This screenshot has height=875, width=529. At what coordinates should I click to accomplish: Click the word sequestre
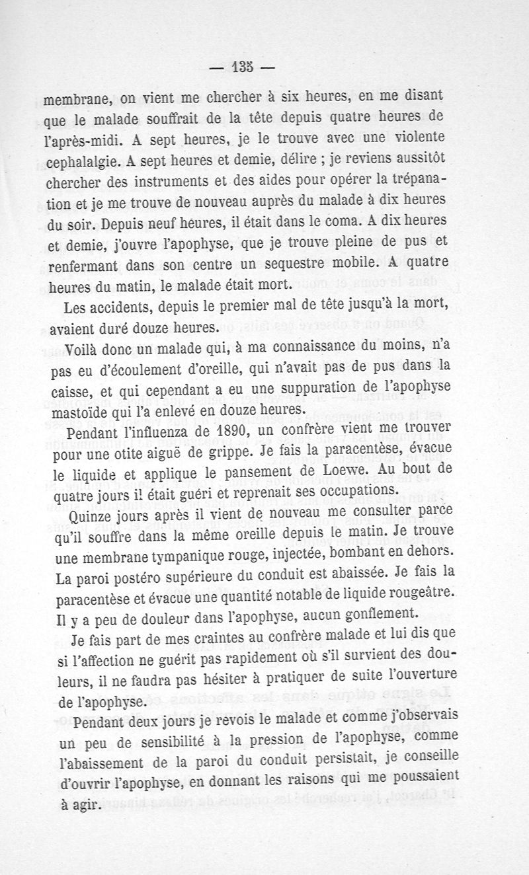307,265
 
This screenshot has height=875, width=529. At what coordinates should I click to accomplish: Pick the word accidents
112,307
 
